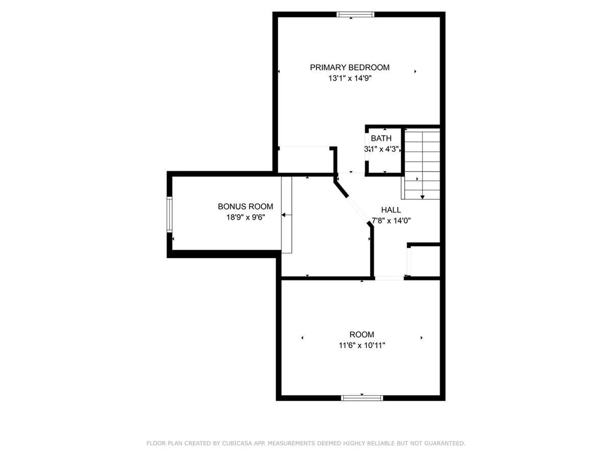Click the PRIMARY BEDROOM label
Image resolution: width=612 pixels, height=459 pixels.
click(x=350, y=68)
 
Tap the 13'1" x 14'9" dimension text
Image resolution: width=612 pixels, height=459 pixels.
click(x=350, y=78)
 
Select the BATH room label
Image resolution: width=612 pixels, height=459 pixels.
click(x=381, y=138)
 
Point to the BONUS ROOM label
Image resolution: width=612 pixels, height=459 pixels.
click(x=245, y=207)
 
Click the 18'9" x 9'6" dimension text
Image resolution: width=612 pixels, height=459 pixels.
click(x=245, y=217)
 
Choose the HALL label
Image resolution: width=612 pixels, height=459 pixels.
click(x=391, y=210)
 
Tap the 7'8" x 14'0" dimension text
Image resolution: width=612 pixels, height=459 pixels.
click(x=391, y=221)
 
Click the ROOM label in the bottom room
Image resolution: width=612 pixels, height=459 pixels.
click(x=361, y=335)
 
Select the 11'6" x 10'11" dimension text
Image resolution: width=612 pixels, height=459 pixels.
click(x=362, y=345)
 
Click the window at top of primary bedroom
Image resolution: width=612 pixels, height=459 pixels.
click(x=355, y=14)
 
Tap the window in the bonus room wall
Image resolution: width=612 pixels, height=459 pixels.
click(x=170, y=214)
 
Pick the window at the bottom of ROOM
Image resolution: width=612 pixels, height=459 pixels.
click(x=362, y=398)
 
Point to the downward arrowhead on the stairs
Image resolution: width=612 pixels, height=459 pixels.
click(x=422, y=197)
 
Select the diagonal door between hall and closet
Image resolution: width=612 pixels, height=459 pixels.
click(x=358, y=209)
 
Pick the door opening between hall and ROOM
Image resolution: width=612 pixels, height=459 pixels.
click(x=389, y=278)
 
